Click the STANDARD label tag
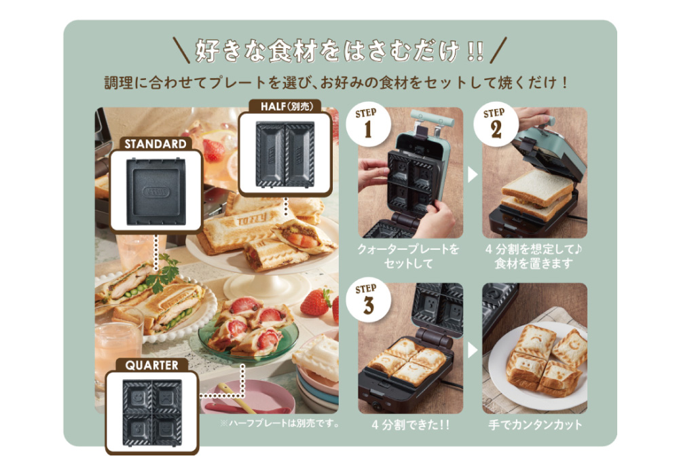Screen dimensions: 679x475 155,144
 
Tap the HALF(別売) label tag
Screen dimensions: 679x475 287,106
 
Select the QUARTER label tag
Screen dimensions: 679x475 151,365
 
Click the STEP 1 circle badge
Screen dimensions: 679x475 368,124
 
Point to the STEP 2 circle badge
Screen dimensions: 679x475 496,125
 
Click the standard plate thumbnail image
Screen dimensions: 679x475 156,191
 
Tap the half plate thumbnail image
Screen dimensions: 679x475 285,154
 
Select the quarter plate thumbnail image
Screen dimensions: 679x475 152,413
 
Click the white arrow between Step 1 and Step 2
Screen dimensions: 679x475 473,174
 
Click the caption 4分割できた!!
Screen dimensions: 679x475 410,425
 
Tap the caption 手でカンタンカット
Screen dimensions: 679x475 535,425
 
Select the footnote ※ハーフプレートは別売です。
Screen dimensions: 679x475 280,423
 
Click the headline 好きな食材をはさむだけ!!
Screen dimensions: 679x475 339,51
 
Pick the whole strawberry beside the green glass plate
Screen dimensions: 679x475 315,302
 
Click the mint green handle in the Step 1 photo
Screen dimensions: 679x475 432,117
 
